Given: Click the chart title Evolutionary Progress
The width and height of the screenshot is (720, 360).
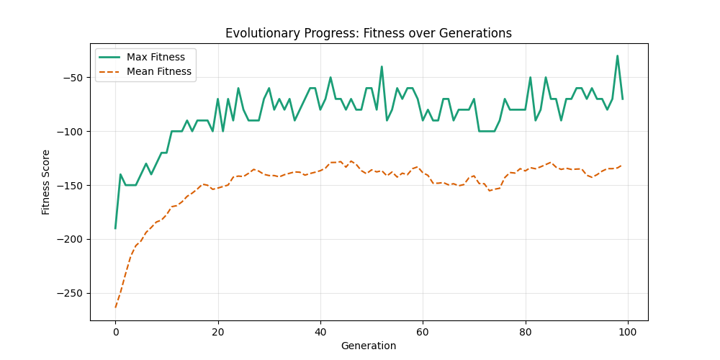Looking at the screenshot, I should [x=369, y=33].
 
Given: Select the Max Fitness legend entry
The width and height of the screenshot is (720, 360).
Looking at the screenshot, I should [x=156, y=57].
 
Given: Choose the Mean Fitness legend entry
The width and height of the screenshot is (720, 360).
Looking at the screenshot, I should [x=158, y=71].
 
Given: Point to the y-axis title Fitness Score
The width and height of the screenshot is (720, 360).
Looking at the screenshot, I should [x=46, y=181].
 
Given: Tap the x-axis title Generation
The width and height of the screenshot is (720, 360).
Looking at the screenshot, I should [x=369, y=346].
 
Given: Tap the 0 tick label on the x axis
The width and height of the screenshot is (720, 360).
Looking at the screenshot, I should [x=115, y=332].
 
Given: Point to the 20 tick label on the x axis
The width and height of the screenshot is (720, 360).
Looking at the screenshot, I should [x=217, y=332].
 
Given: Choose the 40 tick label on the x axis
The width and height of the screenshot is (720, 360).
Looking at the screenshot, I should [x=320, y=332].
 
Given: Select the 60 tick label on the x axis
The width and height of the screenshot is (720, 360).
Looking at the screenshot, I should [x=422, y=332].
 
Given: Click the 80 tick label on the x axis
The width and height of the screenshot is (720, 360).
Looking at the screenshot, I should [x=525, y=332].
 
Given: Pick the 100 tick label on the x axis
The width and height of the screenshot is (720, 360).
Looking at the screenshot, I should [x=627, y=332].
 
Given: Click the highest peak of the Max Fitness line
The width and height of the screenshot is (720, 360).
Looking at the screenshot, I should [x=617, y=55].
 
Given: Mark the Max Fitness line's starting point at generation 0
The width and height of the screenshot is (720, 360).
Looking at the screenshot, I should [x=115, y=228].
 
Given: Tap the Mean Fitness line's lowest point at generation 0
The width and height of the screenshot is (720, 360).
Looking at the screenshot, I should [x=115, y=307].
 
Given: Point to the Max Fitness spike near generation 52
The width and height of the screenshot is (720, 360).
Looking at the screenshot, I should [x=382, y=66].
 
